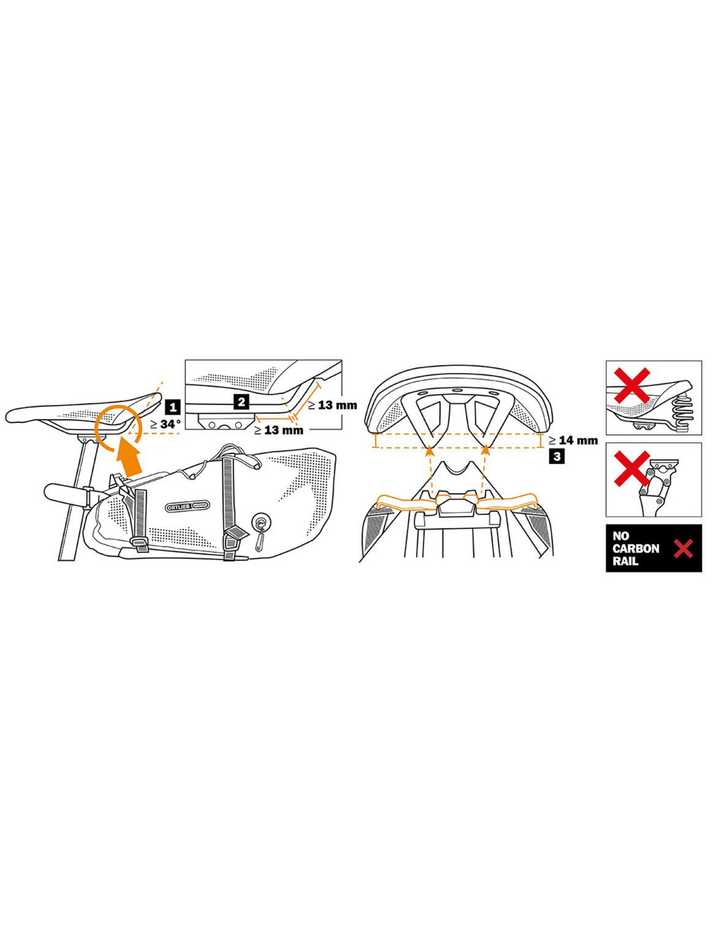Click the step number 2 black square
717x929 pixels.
[241, 401]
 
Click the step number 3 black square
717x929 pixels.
[557, 456]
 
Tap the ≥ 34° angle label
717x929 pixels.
[166, 424]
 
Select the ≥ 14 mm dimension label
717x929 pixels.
[573, 441]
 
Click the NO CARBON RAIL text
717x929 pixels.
[635, 548]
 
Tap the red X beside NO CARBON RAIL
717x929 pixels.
[683, 549]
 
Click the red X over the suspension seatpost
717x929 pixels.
[632, 469]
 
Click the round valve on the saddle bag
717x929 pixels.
[260, 523]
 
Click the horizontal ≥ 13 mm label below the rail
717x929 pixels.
[278, 431]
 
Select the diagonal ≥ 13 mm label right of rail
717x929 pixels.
[332, 405]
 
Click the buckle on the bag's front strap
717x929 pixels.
[139, 542]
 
